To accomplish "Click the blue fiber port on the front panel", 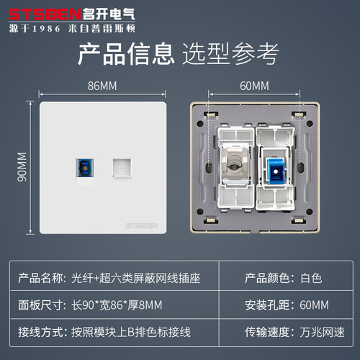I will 80,170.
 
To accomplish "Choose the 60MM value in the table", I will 311,306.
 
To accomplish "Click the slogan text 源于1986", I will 37,28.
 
